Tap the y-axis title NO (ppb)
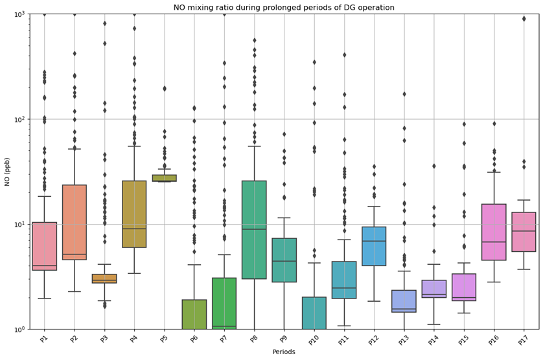tap(8, 172)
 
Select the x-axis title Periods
tap(283, 352)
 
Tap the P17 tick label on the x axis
tap(524, 339)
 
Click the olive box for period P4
tap(134, 214)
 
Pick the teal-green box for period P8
tap(254, 230)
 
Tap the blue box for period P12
tap(374, 246)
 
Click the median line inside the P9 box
tap(284, 261)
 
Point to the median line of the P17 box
tap(524, 231)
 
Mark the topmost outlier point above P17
tap(524, 19)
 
